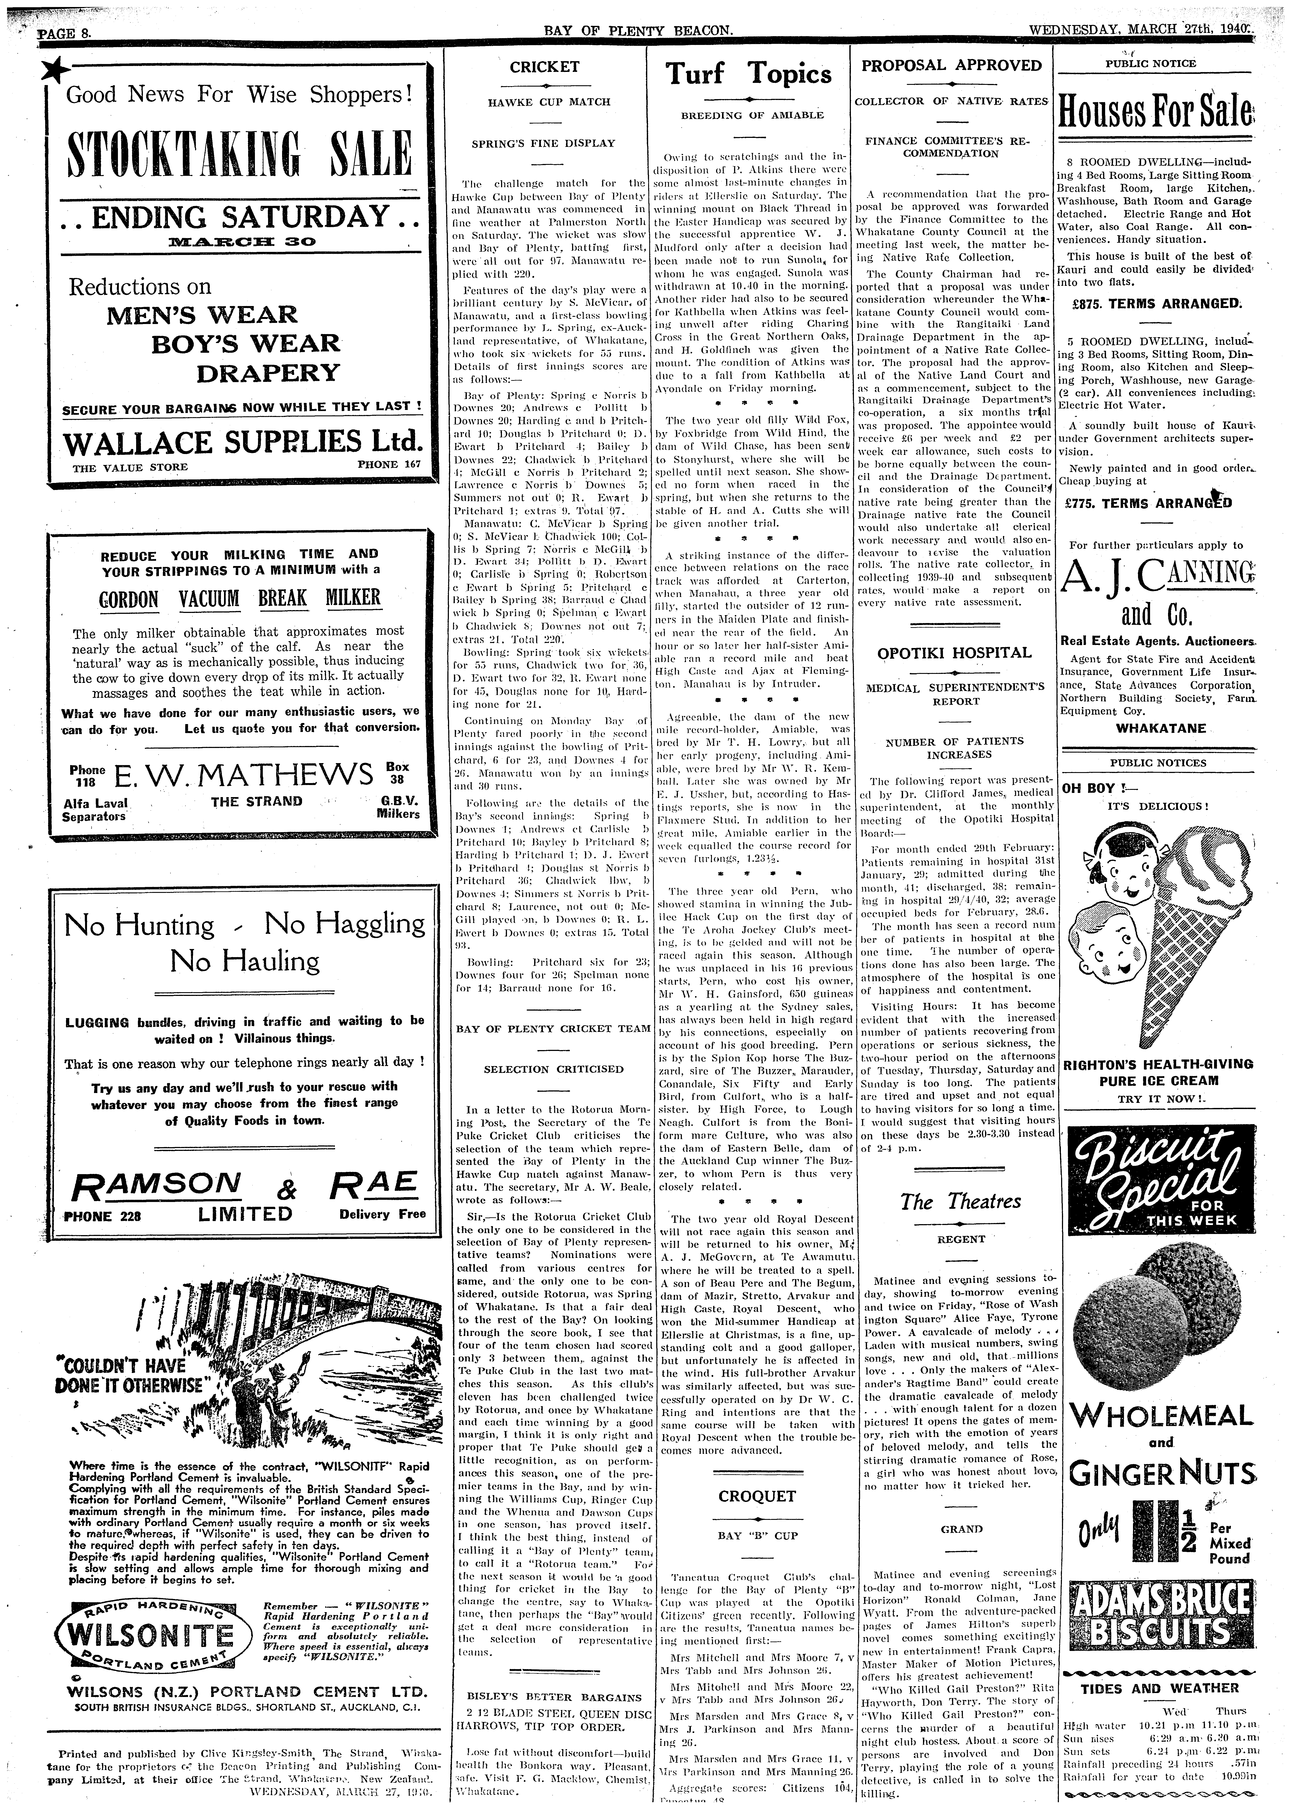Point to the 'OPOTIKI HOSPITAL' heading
tap(954, 653)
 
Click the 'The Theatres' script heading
tap(960, 1201)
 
